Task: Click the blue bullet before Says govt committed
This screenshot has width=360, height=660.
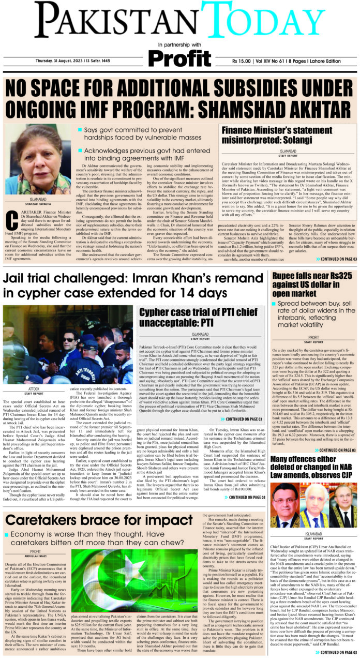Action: (80, 130)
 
